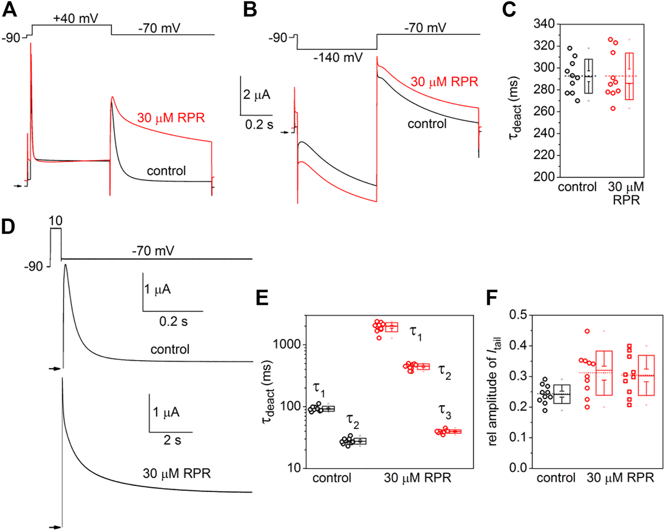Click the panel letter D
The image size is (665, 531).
tap(9, 226)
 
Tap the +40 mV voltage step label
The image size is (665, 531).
tap(75, 18)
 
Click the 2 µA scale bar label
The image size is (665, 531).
tap(257, 95)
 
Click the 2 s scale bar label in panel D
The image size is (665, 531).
tap(172, 440)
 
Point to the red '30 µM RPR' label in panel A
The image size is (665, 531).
tap(171, 118)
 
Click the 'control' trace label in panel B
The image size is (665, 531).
tap(427, 124)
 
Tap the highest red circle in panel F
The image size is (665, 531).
tap(587, 331)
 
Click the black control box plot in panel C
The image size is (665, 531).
tap(588, 76)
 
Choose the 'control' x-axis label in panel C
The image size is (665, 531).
tap(577, 187)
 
